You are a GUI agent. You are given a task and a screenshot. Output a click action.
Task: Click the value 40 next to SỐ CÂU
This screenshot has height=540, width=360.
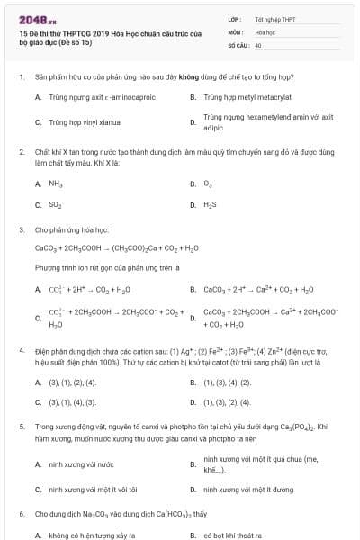pos(258,44)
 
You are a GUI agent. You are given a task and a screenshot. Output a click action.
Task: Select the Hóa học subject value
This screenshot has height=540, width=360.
pos(265,31)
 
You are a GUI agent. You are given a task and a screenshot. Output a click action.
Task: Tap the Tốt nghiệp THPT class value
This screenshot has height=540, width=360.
pos(274,18)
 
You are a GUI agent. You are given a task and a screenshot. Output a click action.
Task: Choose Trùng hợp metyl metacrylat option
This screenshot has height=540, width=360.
pos(245,95)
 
